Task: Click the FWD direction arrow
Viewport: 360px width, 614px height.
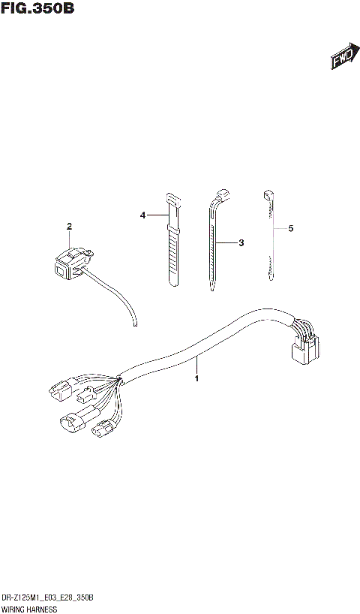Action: click(x=342, y=58)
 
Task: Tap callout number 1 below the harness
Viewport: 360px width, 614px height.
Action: click(x=196, y=378)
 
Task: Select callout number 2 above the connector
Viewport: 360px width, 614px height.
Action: click(x=69, y=227)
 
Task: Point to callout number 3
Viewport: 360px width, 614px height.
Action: click(x=241, y=243)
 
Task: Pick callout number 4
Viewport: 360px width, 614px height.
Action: click(x=142, y=215)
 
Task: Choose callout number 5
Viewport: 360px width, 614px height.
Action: click(x=290, y=227)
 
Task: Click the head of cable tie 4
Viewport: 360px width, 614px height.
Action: click(x=172, y=198)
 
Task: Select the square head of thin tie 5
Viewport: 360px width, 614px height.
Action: click(x=266, y=195)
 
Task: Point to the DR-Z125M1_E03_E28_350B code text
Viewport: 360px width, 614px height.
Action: click(x=46, y=597)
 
